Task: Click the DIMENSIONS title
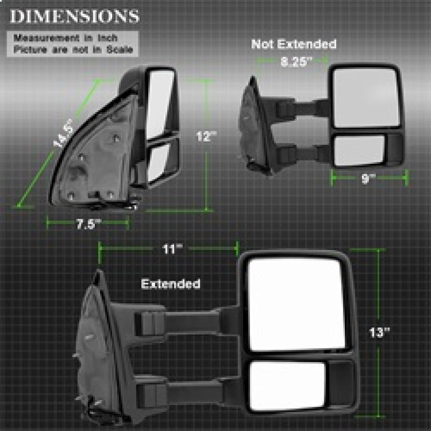tap(74, 16)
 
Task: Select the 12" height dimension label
tap(206, 137)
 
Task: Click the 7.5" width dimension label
tap(87, 224)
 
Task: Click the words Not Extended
tap(294, 44)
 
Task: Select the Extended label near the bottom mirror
tap(170, 283)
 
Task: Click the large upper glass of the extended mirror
tap(296, 304)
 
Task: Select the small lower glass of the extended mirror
tap(288, 386)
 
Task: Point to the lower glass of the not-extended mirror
tap(359, 150)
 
